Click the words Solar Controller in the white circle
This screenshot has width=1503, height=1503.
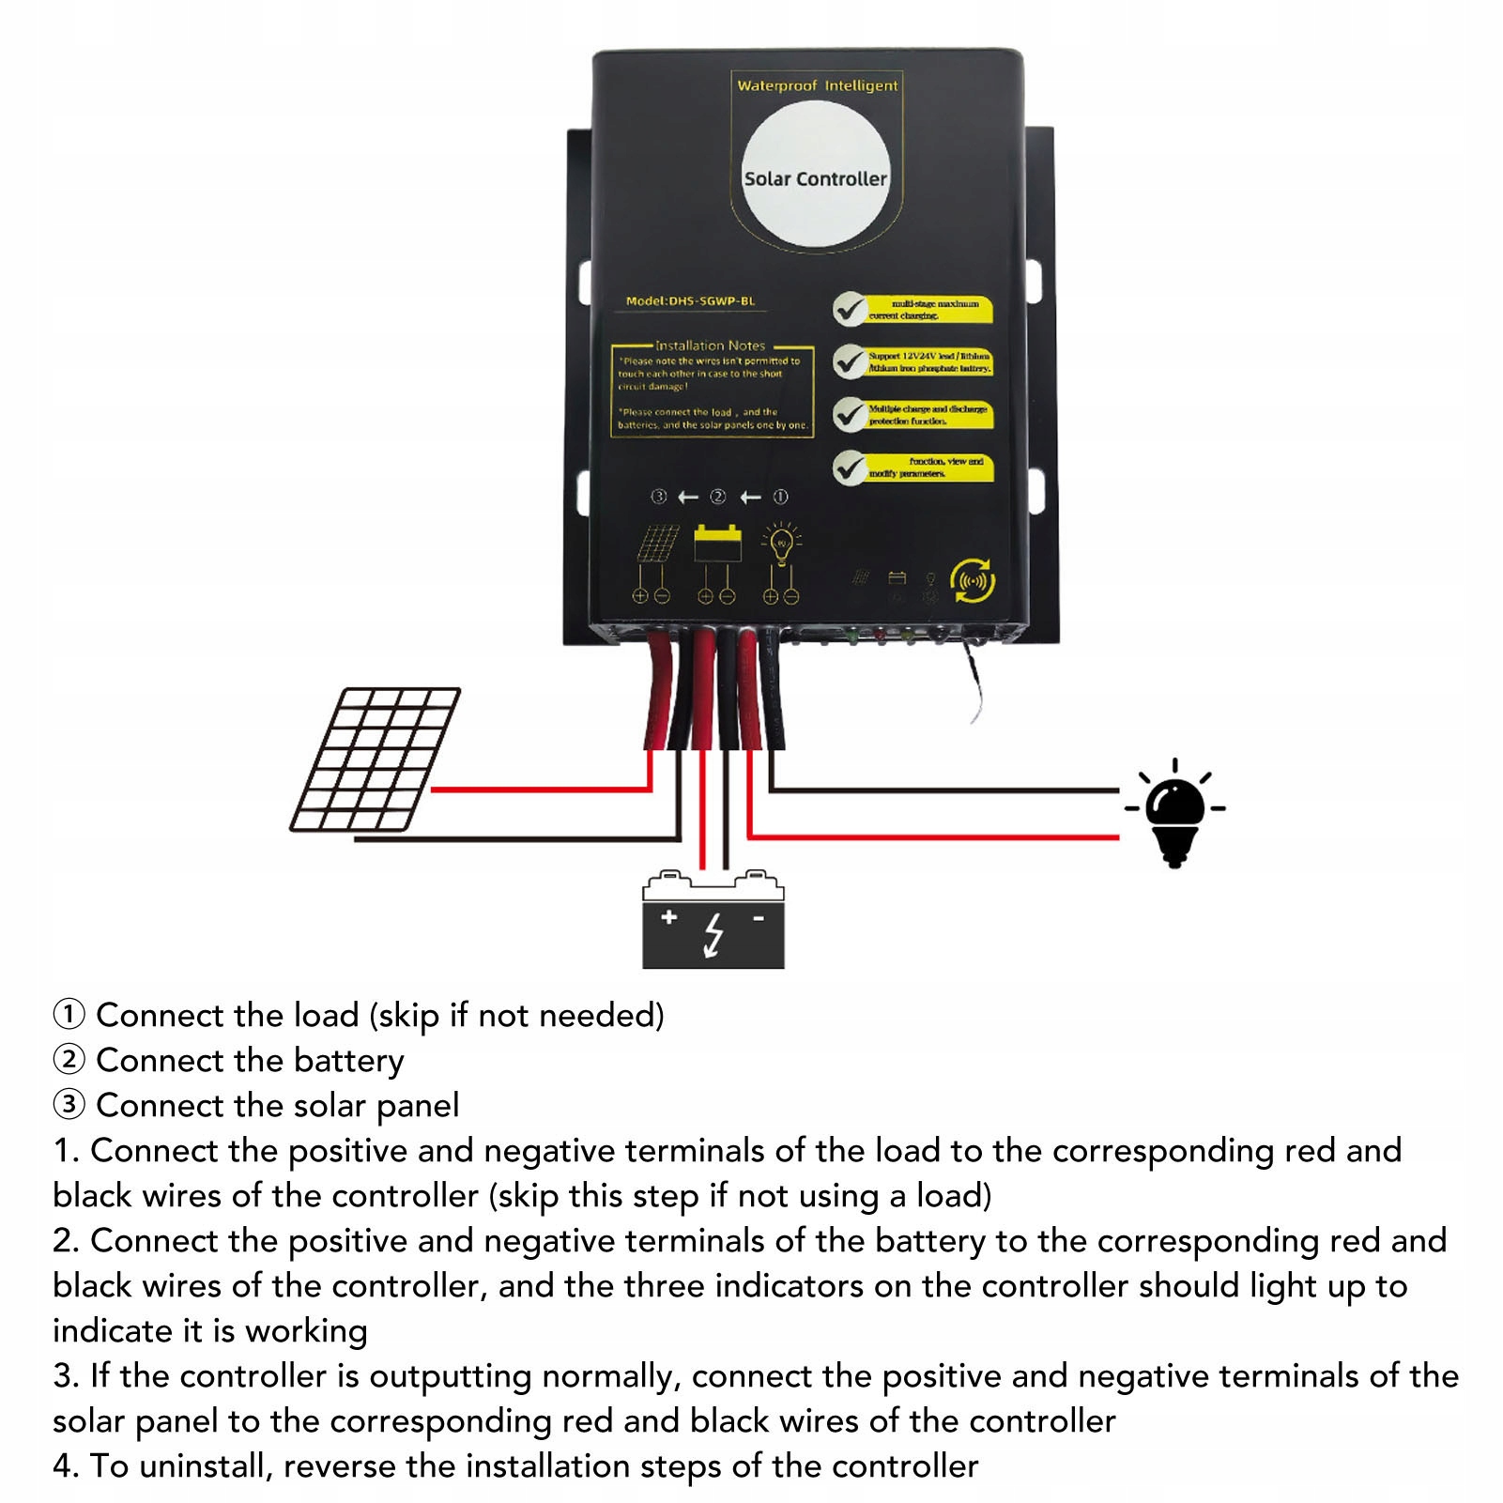(815, 178)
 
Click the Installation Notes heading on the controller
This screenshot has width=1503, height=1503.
(710, 345)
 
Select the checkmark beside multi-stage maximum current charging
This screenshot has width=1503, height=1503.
(851, 309)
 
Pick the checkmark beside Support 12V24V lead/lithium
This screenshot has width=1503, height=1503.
(851, 361)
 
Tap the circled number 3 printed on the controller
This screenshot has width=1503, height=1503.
(659, 497)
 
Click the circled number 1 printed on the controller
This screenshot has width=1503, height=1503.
(780, 497)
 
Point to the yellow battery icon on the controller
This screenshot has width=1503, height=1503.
(717, 544)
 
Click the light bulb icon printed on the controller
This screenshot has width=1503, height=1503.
(781, 543)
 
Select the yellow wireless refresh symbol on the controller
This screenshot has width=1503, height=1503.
(973, 580)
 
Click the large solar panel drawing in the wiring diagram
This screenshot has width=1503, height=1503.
(376, 759)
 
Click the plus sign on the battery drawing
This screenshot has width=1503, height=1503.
(668, 917)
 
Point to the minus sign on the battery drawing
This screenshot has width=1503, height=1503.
(759, 917)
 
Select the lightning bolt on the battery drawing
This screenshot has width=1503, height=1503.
(714, 935)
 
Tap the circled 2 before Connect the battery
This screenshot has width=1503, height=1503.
(69, 1060)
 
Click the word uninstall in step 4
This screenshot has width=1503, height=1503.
(204, 1465)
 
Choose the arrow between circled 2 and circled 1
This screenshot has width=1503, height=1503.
(750, 497)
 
